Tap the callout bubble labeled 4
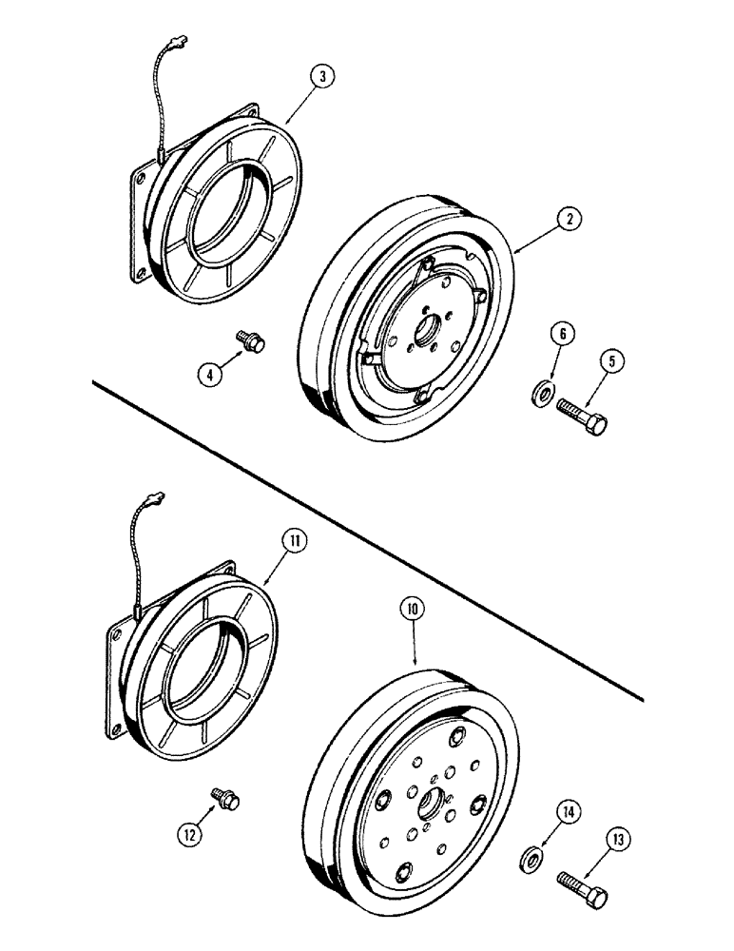click(209, 374)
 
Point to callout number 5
click(611, 360)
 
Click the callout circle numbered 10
click(416, 607)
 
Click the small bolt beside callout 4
click(251, 340)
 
